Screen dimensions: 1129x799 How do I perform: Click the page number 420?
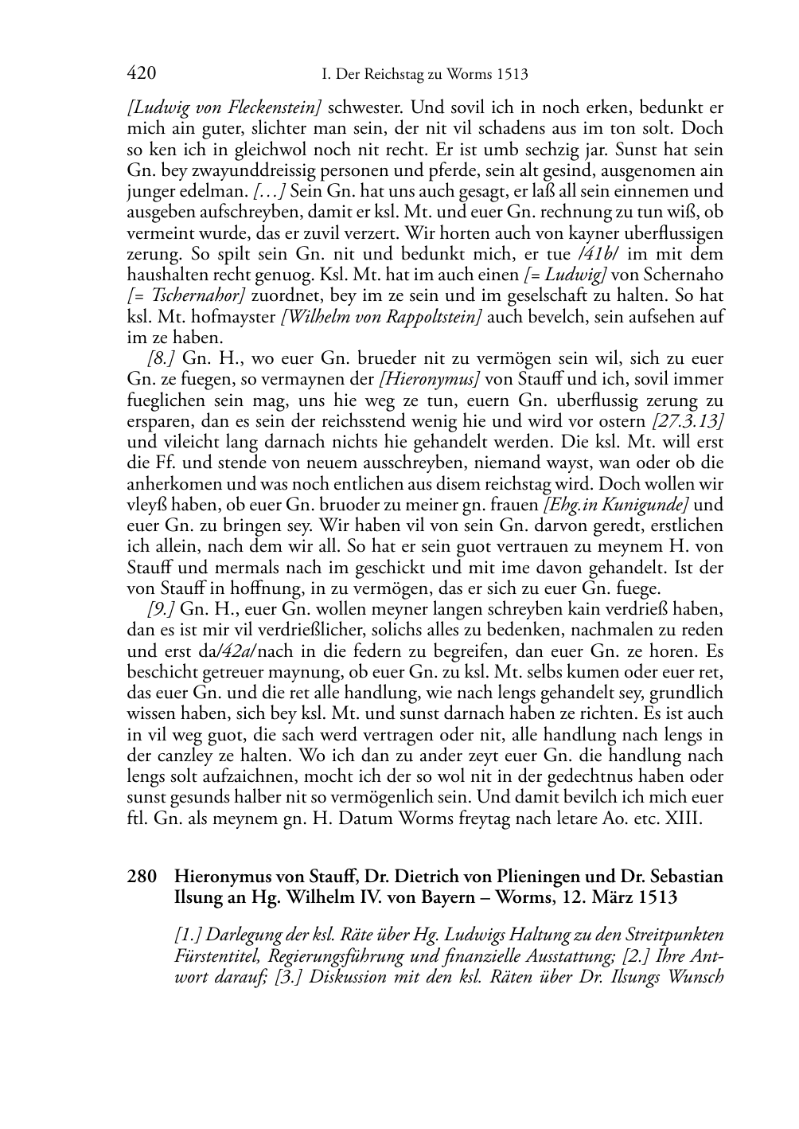[141, 74]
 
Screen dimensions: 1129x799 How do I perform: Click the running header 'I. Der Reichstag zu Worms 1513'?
[424, 75]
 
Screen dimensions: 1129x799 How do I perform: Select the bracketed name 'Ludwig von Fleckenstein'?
[224, 107]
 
